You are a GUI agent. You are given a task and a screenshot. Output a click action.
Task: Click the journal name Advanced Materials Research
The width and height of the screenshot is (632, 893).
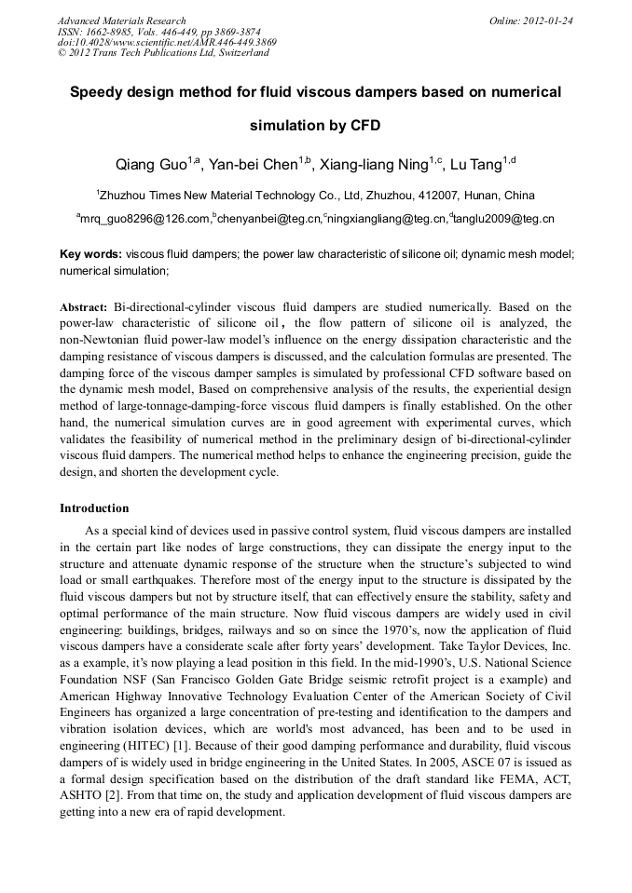(x=121, y=20)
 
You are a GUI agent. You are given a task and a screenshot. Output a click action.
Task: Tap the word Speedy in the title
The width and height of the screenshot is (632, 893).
(x=100, y=92)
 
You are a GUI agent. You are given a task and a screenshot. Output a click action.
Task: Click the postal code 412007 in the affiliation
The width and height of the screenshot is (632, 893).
(x=417, y=196)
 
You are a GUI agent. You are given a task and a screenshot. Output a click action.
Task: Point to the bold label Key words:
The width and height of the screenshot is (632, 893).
(x=90, y=253)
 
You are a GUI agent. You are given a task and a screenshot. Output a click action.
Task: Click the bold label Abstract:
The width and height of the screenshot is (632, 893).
(x=84, y=306)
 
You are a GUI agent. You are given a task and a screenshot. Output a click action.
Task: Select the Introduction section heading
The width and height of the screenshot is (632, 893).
(x=94, y=508)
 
